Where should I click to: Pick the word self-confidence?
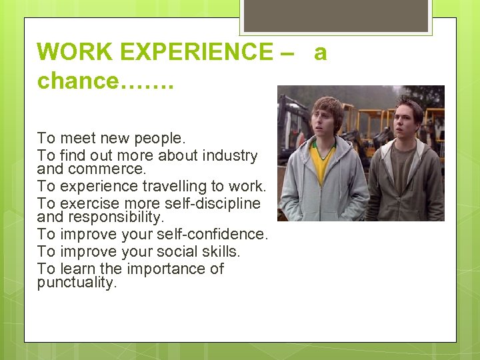pos(221,234)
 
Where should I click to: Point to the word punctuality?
pos(77,282)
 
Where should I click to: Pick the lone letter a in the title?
pos(320,51)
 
